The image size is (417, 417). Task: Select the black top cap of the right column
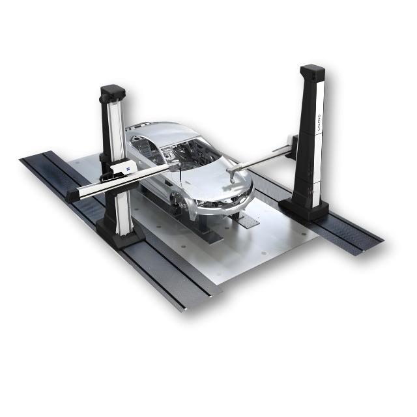tap(312, 72)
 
